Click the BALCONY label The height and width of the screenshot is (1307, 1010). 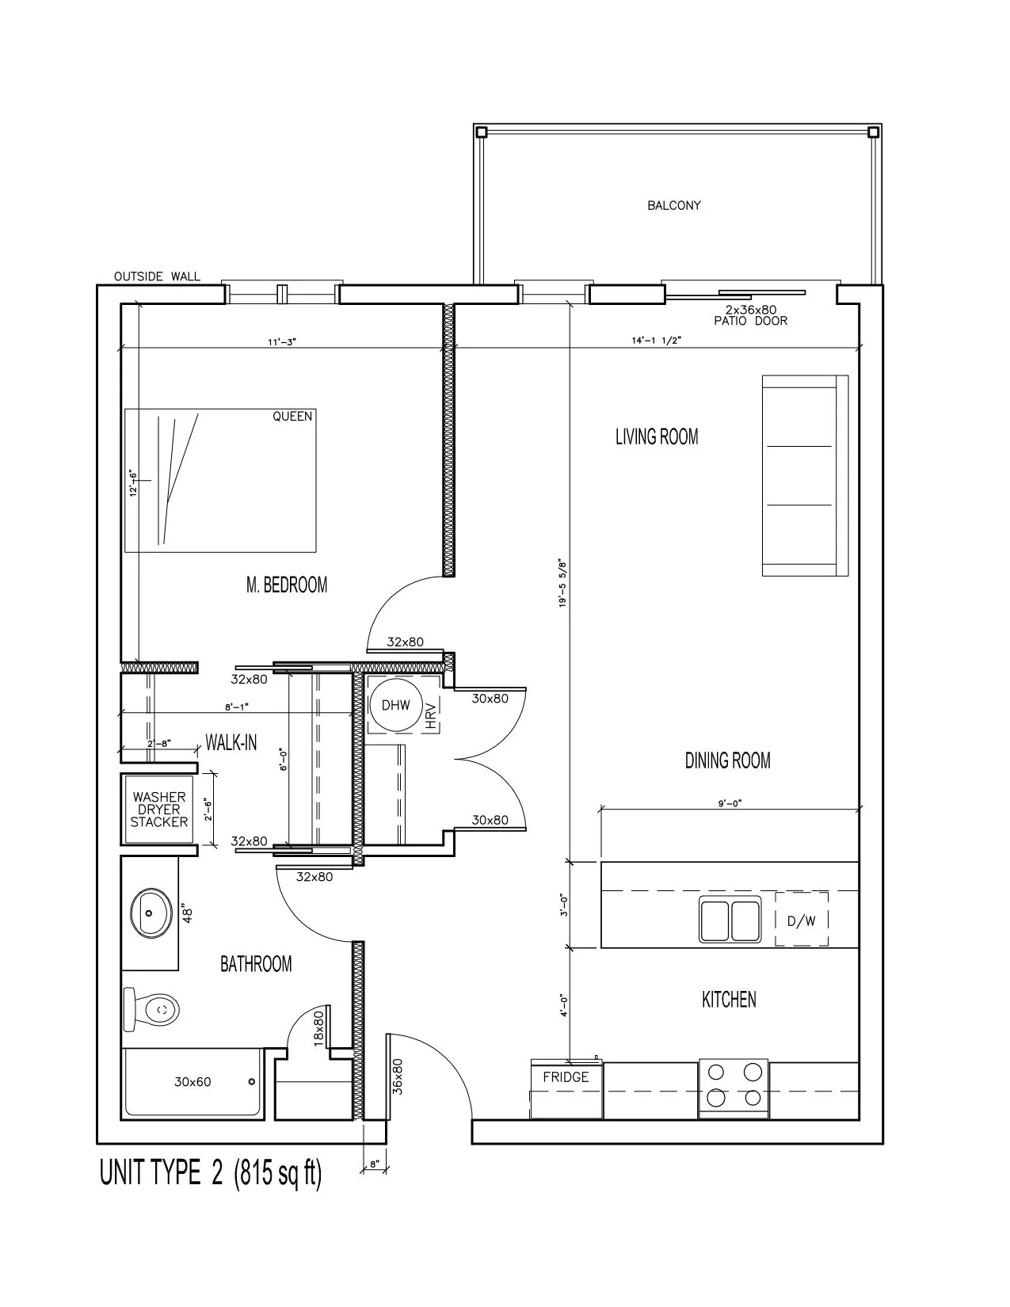tap(674, 206)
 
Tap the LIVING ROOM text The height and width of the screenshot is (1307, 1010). tap(657, 436)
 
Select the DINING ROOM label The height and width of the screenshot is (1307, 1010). tap(728, 761)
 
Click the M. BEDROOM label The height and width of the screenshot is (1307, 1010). tap(287, 584)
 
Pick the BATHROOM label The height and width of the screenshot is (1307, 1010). tap(256, 964)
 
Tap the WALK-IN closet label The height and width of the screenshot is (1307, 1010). tap(231, 743)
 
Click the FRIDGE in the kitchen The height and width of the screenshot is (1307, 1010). tap(566, 1089)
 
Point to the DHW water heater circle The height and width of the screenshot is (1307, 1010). tap(396, 705)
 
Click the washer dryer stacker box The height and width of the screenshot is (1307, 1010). tap(158, 809)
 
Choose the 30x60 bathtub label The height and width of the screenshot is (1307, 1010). tap(192, 1082)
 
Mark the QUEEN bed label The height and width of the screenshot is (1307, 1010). tap(292, 416)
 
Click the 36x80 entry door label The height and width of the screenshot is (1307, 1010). tap(397, 1076)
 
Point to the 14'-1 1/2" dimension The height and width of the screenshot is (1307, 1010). tap(656, 341)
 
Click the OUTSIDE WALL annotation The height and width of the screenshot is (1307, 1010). tap(157, 276)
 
